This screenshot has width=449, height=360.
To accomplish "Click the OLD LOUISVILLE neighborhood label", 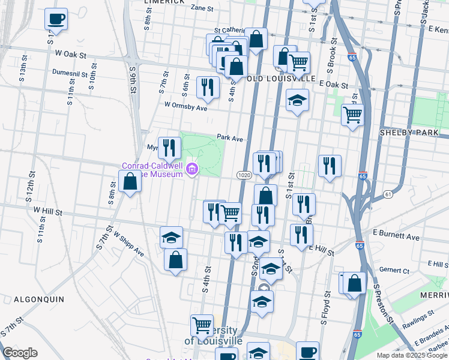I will (x=280, y=79).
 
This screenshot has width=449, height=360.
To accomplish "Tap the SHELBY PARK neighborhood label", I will (x=414, y=132).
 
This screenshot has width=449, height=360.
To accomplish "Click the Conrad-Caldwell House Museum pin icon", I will (x=192, y=170).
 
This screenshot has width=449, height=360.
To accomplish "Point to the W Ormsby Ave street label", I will (x=185, y=105).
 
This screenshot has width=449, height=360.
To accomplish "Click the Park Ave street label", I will (x=230, y=138).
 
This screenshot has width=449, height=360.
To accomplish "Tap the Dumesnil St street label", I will (x=70, y=73).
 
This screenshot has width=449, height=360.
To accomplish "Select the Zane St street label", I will (x=202, y=8).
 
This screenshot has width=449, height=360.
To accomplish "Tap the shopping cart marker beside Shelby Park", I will (x=352, y=114).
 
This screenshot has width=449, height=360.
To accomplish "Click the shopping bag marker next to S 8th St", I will (x=130, y=181).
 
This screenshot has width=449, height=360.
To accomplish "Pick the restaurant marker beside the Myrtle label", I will (x=169, y=146).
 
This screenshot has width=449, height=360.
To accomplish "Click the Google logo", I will (x=20, y=353).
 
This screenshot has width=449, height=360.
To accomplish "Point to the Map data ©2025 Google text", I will (x=411, y=355).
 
